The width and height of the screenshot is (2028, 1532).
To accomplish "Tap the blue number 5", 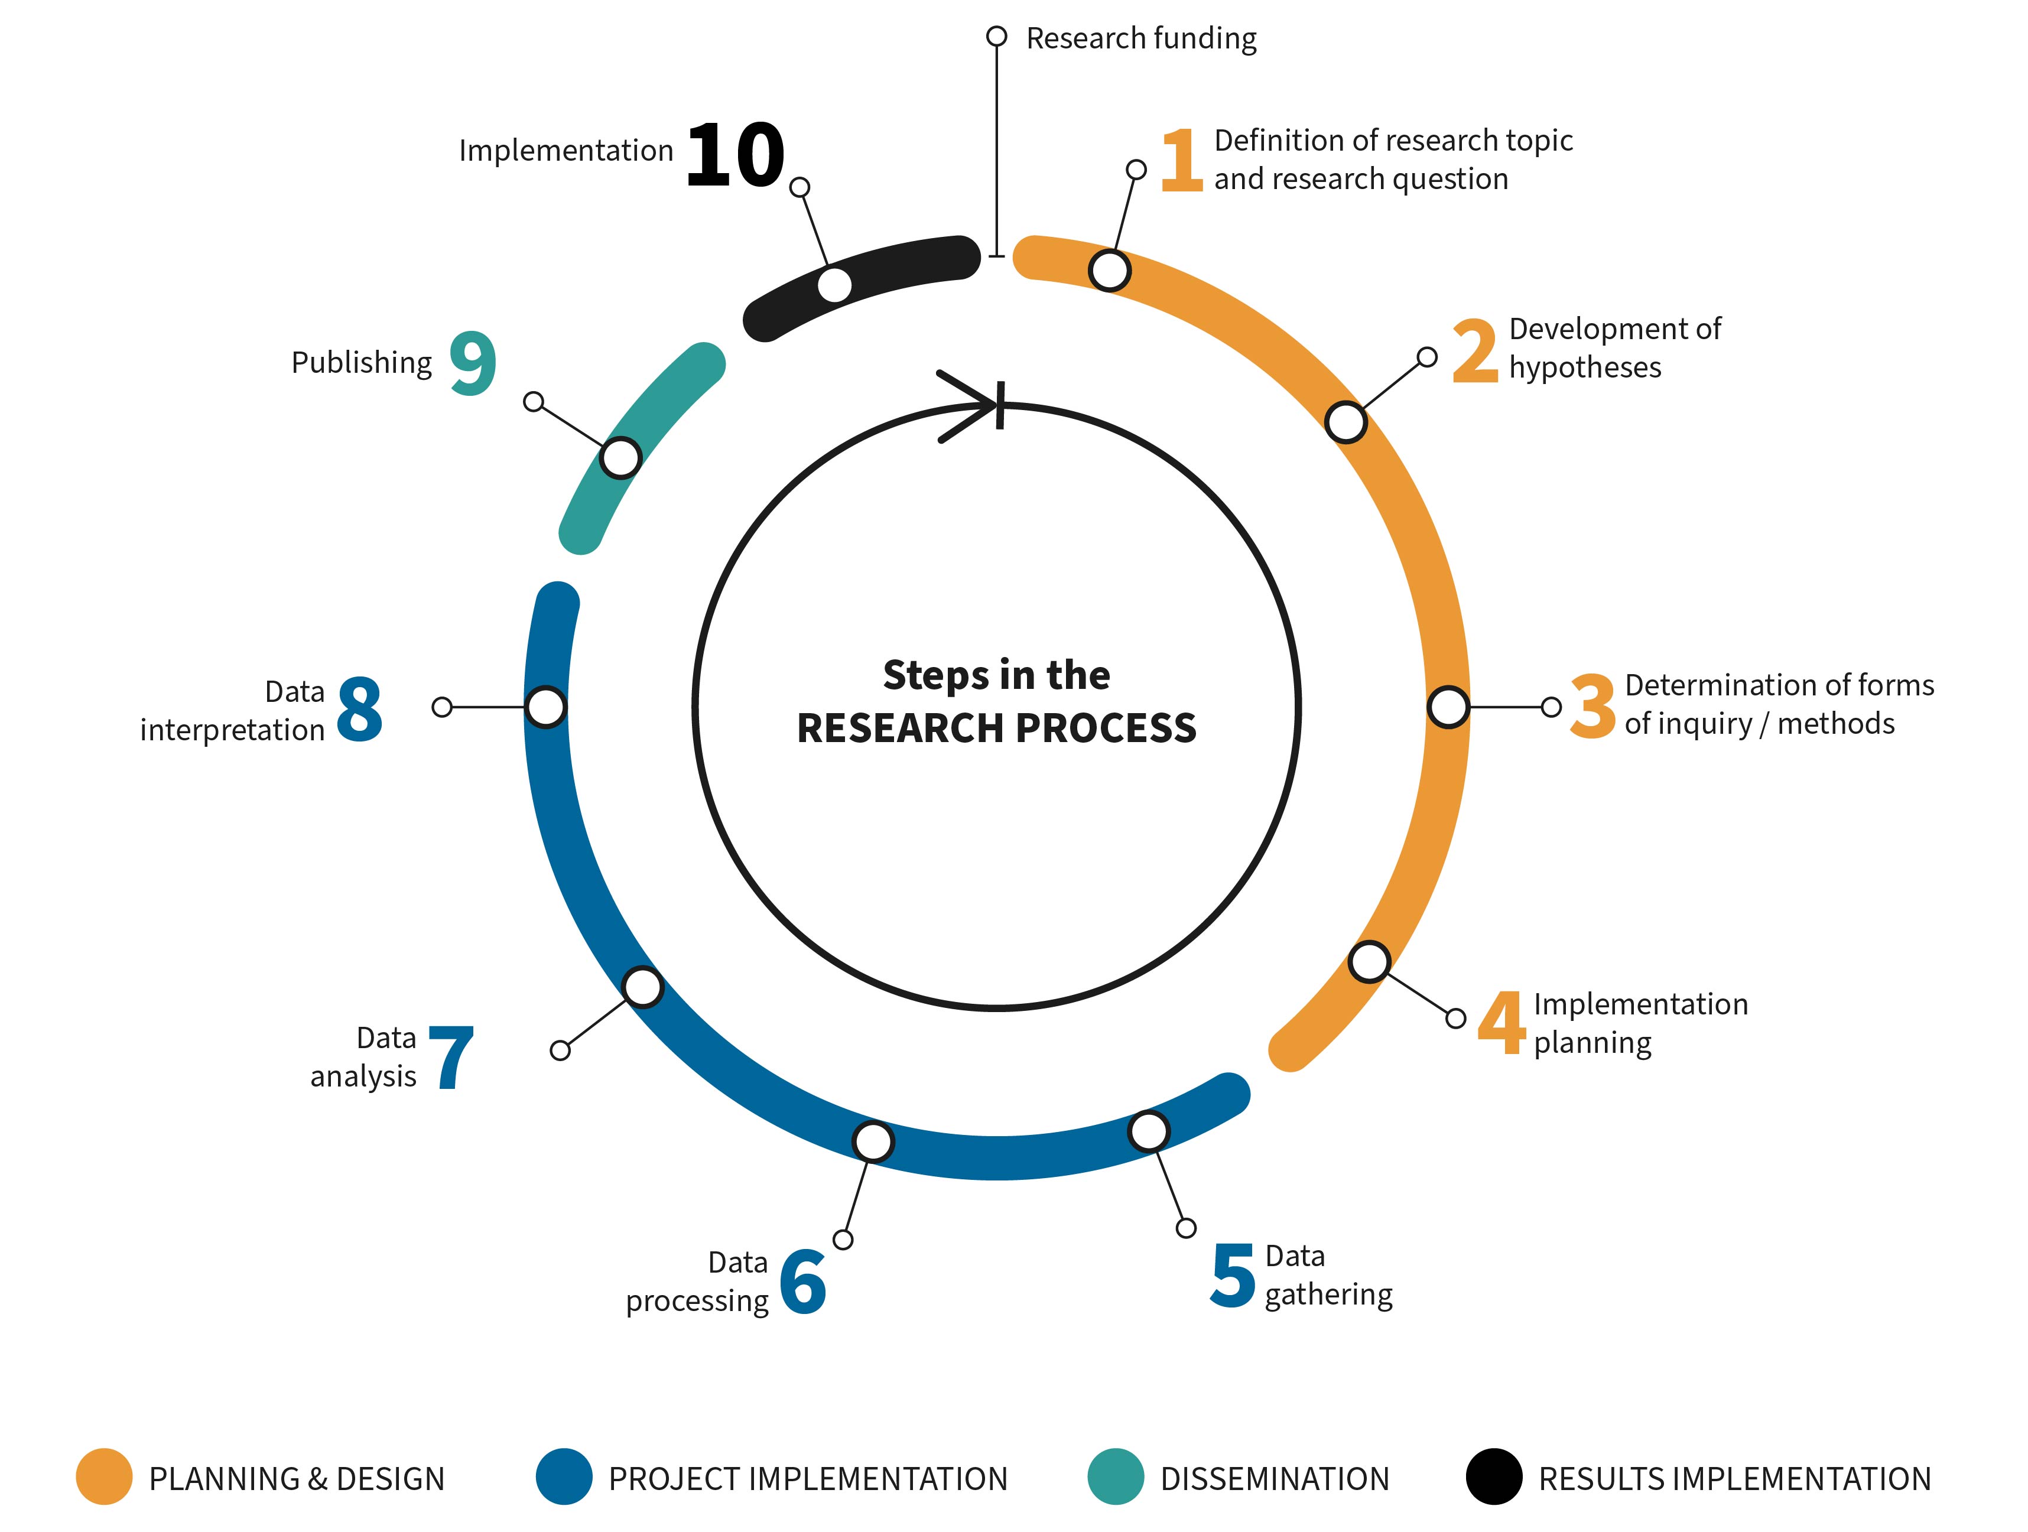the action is [1232, 1276].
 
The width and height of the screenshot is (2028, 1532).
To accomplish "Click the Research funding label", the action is [1142, 38].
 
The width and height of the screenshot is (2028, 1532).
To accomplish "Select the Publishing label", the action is [361, 363].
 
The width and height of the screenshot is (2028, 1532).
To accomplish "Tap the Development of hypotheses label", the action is [1614, 347].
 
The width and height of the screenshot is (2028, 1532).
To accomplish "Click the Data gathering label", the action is [1328, 1276].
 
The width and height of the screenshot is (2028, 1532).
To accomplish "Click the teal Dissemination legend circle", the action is [1116, 1477].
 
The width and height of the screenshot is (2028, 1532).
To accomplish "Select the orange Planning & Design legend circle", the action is [105, 1477].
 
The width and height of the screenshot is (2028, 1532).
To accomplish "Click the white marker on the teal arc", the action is [620, 457].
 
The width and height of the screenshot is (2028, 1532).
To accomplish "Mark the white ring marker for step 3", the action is [1448, 707].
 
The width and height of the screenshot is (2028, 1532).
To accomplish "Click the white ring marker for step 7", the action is [643, 987].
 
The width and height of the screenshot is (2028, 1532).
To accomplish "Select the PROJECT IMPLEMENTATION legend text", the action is [808, 1479].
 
